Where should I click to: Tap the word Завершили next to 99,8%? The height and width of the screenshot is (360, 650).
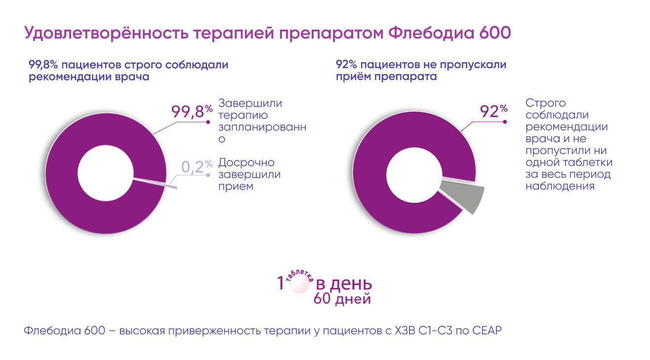(x=250, y=104)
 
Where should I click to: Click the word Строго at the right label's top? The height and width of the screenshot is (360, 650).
(x=546, y=104)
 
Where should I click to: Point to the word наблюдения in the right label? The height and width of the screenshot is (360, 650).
(x=560, y=187)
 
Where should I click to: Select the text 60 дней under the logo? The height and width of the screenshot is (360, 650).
(x=342, y=299)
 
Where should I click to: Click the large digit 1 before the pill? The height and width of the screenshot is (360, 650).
(x=281, y=284)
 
